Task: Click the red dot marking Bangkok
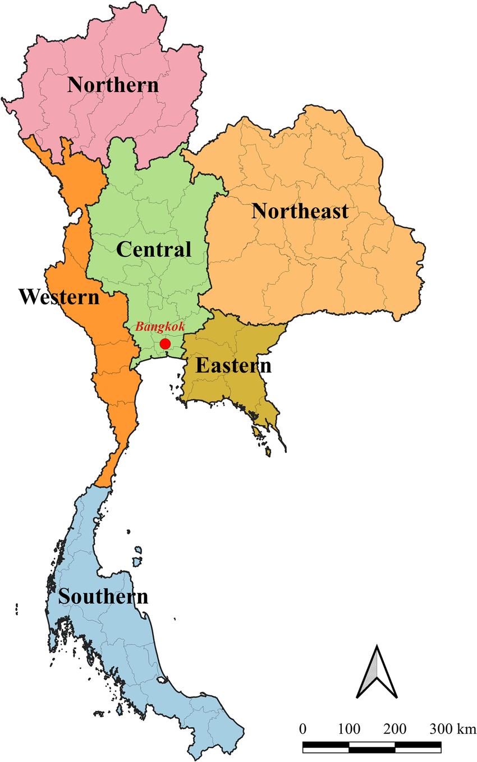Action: (165, 343)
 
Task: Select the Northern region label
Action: (113, 85)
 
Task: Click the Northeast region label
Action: (300, 212)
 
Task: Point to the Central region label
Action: (154, 249)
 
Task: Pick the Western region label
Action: (58, 297)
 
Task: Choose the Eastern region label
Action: (233, 366)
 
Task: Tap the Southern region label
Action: (104, 596)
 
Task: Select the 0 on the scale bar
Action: (303, 729)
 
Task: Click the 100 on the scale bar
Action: (349, 729)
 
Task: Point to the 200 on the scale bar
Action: (395, 729)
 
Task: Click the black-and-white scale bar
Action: (371, 747)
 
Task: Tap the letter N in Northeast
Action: (259, 212)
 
